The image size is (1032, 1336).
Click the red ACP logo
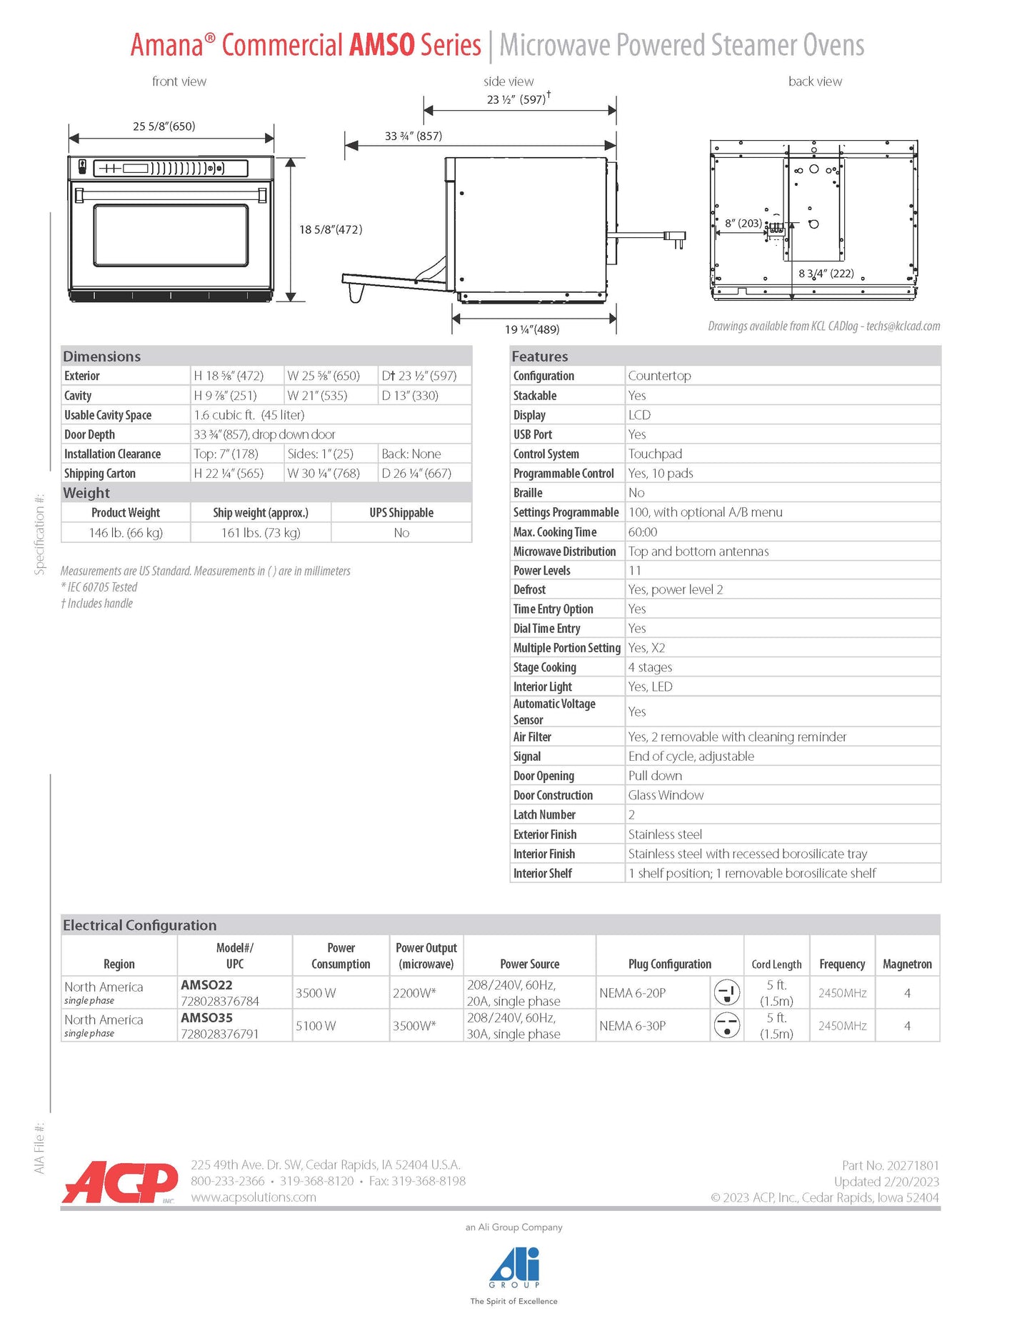coord(120,1182)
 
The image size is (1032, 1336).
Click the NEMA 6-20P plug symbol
coord(726,992)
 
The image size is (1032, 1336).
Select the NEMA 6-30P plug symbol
coord(726,1026)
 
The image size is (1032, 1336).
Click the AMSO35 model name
coord(206,1017)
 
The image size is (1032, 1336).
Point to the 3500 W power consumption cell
coord(316,993)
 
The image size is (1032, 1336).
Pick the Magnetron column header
coord(907,964)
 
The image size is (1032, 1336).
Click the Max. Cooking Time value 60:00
coord(643,532)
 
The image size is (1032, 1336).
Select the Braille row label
coord(528,493)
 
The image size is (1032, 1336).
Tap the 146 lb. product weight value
coord(126,533)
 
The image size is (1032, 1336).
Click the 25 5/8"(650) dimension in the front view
coord(164,126)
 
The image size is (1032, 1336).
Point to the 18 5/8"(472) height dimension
coord(331,229)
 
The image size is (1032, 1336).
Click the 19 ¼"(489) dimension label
coord(532,329)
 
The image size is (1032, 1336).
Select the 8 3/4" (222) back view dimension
coord(826,274)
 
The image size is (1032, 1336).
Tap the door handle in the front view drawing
coord(171,193)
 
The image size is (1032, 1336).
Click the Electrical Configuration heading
coord(140,925)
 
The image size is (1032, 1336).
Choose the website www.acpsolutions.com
coord(254,1197)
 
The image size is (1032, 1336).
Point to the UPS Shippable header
coord(401,513)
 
